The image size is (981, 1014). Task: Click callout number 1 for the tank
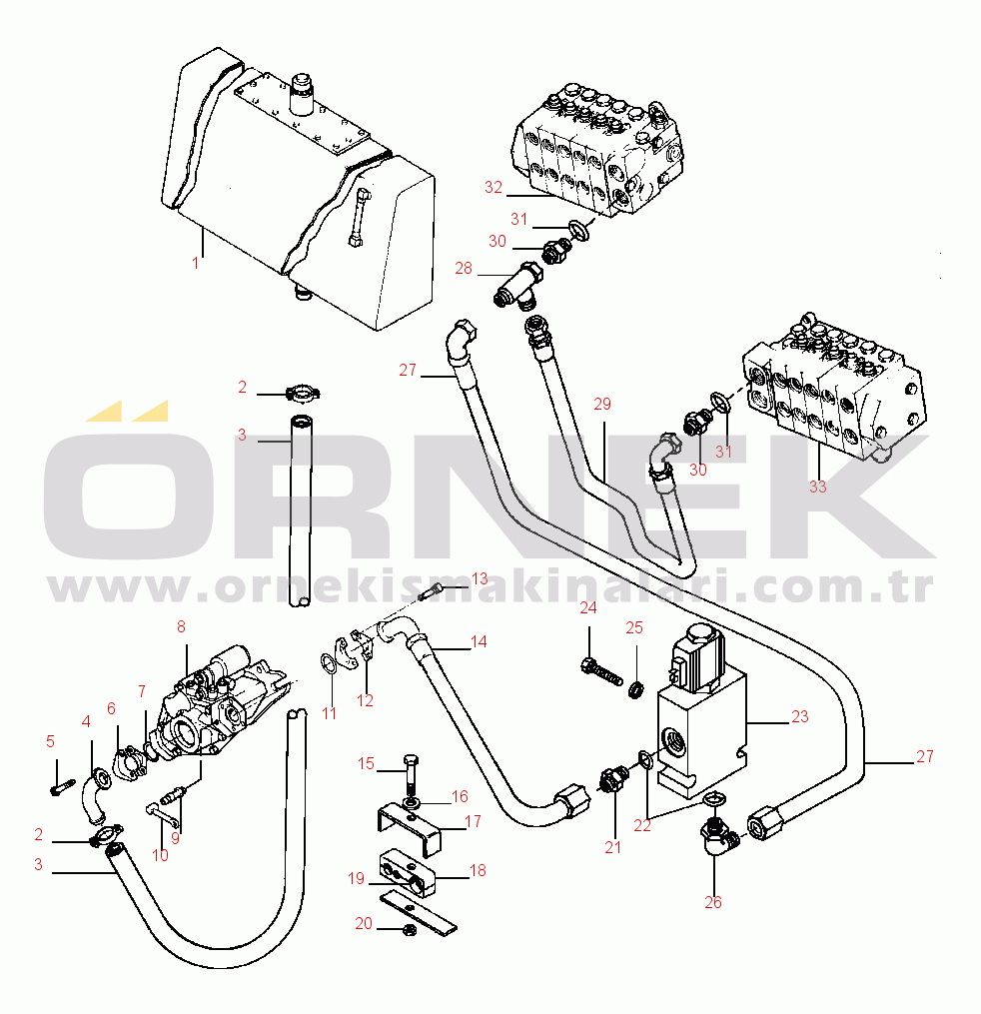[x=196, y=264]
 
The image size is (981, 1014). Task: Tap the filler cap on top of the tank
[x=300, y=94]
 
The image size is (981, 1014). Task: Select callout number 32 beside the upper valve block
[x=493, y=187]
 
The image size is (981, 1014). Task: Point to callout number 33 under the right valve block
[x=818, y=487]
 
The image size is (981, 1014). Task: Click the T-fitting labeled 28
[x=516, y=285]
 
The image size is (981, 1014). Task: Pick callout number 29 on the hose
[x=601, y=404]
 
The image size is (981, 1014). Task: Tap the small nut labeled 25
[x=633, y=688]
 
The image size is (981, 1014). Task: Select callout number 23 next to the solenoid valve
[x=799, y=716]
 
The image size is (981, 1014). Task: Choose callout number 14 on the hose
[x=479, y=641]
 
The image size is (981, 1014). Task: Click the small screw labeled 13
[x=433, y=592]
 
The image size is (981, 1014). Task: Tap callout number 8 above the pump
[x=181, y=627]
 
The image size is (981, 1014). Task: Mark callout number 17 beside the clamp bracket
[x=474, y=823]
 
